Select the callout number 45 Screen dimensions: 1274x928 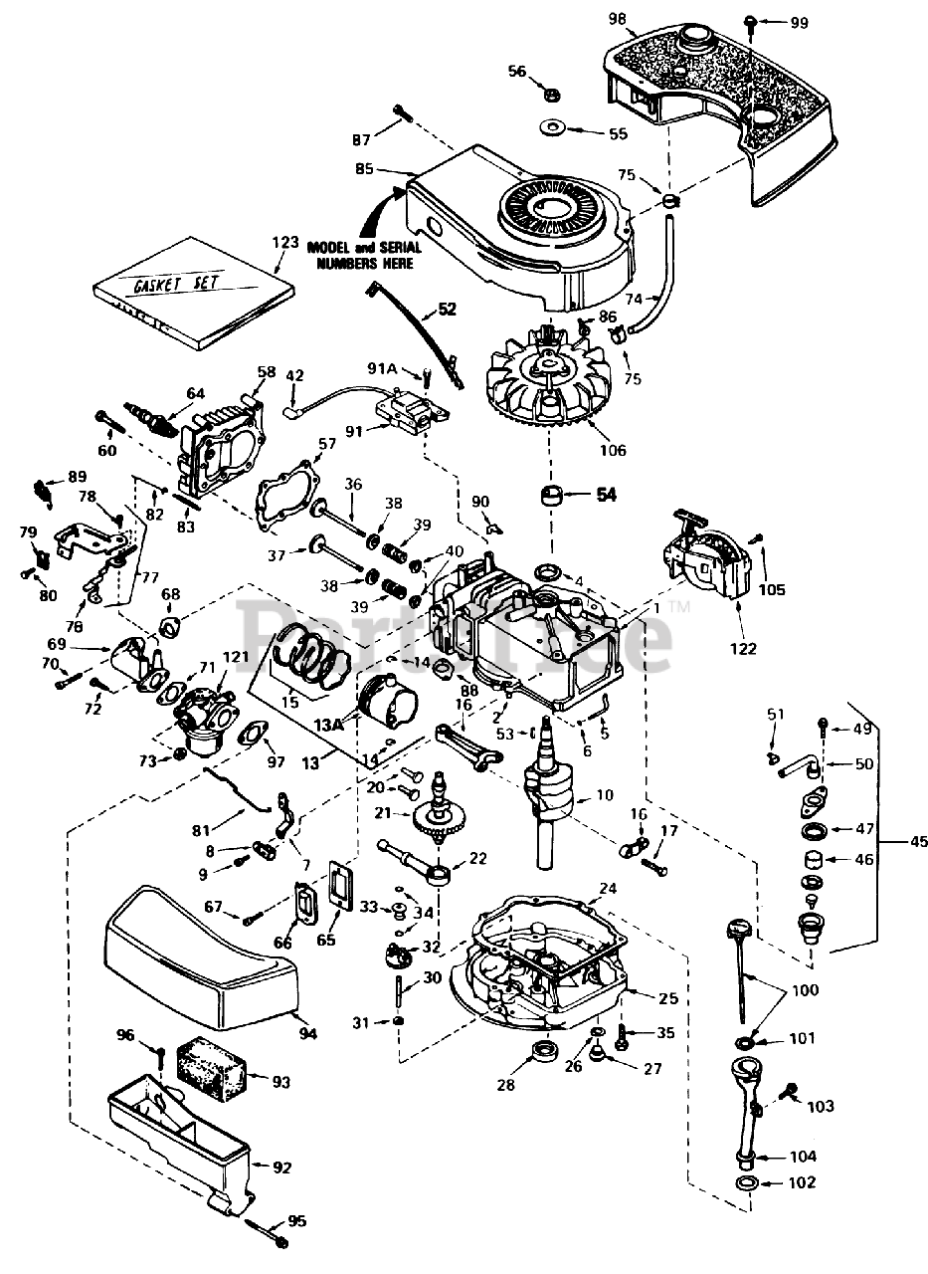point(918,842)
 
